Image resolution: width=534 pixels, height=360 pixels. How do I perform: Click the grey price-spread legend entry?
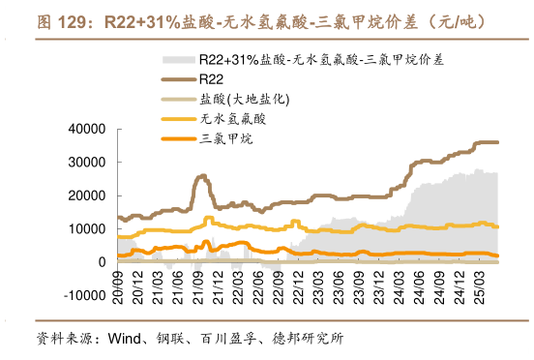click(320, 59)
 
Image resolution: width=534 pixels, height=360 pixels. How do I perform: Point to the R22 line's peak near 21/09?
click(201, 176)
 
